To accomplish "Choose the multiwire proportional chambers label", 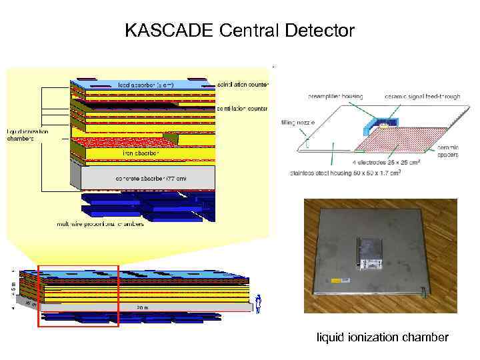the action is coord(100,225).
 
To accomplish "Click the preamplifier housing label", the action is coord(335,97).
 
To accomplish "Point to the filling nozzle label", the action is coord(296,123).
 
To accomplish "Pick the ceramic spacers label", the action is coord(447,151).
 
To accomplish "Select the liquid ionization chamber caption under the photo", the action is coord(382,337).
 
